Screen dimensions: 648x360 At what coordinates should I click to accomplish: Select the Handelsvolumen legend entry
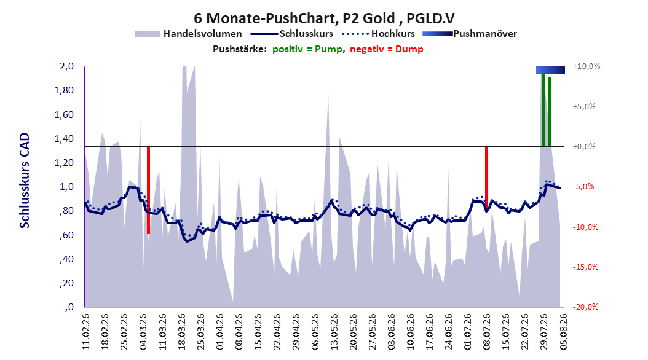click(188, 34)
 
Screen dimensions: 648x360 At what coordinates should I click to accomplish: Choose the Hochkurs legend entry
click(379, 34)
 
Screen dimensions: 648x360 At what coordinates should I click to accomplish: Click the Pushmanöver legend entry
click(470, 34)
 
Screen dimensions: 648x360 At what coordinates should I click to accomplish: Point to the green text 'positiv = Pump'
click(307, 49)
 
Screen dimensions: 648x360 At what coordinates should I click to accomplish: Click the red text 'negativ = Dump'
click(387, 49)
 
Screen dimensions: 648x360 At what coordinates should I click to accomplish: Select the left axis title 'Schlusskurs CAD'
click(25, 181)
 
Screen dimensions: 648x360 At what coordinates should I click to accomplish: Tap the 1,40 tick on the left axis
click(64, 138)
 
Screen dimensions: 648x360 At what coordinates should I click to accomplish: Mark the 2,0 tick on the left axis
click(66, 66)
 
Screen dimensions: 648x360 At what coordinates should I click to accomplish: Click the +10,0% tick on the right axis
click(587, 66)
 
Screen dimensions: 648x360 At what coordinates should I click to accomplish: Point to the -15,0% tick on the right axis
click(585, 267)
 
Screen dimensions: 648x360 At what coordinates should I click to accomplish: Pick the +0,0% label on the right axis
click(584, 147)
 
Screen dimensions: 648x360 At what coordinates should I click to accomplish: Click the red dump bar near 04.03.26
click(148, 190)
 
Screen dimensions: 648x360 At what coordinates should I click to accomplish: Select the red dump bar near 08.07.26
click(486, 177)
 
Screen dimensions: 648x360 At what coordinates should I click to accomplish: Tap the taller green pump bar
click(543, 110)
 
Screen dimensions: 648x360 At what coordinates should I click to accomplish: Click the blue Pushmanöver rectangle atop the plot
click(550, 70)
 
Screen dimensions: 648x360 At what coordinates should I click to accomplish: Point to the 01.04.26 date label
click(219, 332)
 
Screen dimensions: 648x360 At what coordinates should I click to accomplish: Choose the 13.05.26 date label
click(334, 332)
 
